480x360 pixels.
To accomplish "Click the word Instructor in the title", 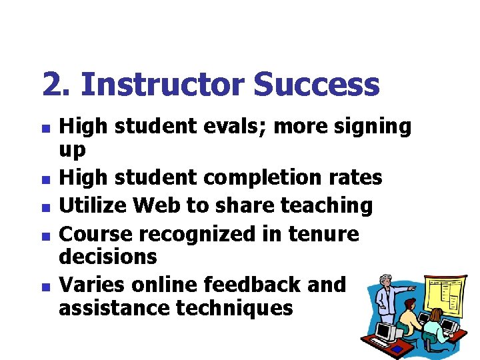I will tap(163, 85).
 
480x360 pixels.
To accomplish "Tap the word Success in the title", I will tap(317, 85).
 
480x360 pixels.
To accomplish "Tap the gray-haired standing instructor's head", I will tap(385, 281).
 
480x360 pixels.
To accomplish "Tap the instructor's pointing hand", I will tap(413, 288).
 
